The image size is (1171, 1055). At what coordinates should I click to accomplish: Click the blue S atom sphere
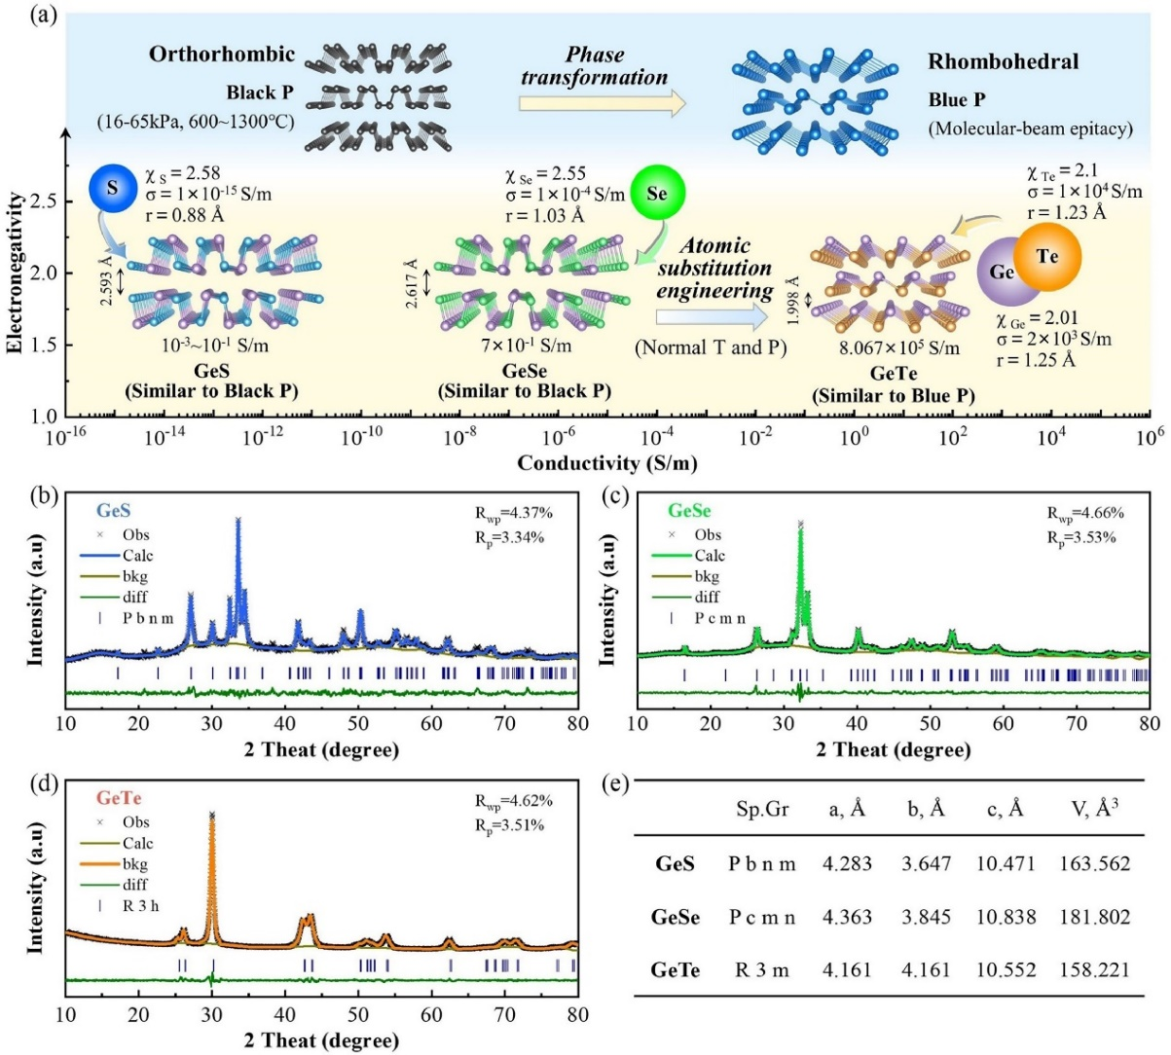click(x=113, y=188)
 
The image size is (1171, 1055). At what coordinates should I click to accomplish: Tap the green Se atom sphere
click(x=657, y=193)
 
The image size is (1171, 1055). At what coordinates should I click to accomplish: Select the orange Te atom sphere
click(x=1046, y=257)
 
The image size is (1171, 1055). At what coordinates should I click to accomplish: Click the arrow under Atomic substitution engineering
click(x=711, y=317)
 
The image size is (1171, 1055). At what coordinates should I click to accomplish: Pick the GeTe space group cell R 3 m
click(x=761, y=970)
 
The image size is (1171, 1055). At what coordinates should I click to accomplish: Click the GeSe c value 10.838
click(x=1003, y=917)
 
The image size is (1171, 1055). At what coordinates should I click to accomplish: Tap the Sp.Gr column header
click(x=761, y=810)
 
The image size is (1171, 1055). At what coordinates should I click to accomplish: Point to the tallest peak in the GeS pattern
click(x=238, y=522)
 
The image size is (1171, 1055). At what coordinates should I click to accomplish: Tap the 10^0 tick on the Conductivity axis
click(x=854, y=437)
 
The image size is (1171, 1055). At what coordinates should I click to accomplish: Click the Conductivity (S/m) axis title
click(x=606, y=462)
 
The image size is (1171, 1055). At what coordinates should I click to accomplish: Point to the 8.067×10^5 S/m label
click(x=899, y=348)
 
